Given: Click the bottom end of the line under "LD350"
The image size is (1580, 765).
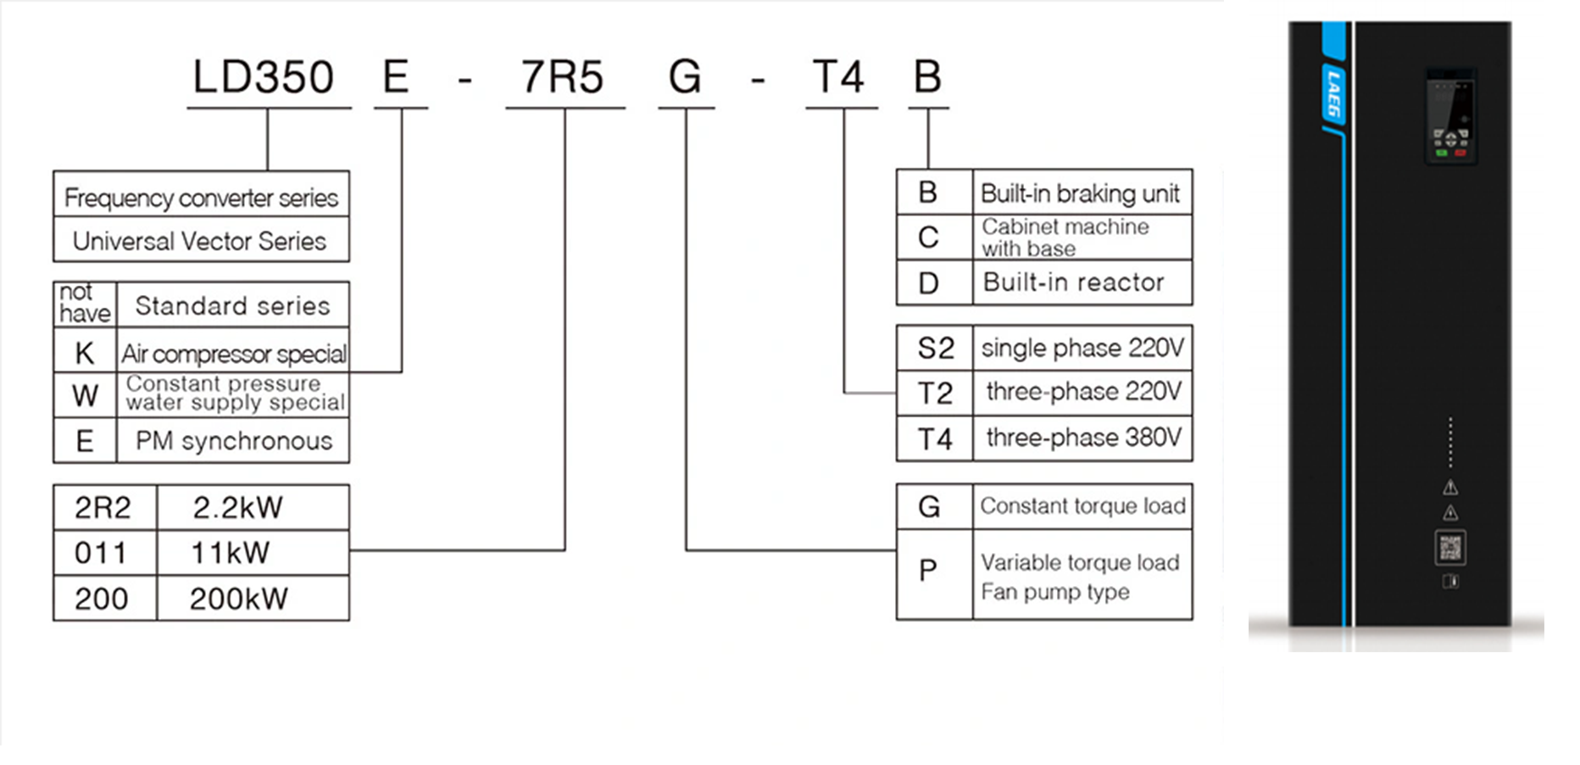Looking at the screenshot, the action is tap(268, 170).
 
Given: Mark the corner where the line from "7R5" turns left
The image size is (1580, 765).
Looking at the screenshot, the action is tap(565, 550).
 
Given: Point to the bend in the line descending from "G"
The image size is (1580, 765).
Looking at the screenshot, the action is tap(687, 550).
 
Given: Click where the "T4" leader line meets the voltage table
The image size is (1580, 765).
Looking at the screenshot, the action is tap(897, 393).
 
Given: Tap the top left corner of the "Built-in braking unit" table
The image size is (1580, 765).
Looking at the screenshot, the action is tap(897, 170).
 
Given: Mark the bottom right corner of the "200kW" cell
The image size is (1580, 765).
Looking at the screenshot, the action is tap(349, 620).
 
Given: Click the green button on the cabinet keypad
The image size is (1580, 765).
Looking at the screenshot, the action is tap(1441, 154).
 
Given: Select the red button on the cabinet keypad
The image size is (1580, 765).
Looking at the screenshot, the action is tap(1460, 154).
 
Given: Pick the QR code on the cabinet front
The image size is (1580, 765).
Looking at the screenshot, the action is tap(1450, 548).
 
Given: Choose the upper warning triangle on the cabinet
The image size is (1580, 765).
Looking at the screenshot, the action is tap(1450, 488).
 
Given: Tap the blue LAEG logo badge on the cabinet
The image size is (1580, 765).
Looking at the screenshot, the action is tap(1334, 95).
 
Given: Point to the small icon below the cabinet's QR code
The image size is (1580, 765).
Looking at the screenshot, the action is tap(1450, 582).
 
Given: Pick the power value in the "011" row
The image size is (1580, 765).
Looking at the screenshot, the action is tap(231, 553).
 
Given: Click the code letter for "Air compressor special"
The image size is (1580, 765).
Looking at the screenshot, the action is tap(85, 353).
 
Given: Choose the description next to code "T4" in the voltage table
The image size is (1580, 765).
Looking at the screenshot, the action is tap(1083, 438).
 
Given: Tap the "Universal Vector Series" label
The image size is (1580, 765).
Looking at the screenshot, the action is tap(199, 242).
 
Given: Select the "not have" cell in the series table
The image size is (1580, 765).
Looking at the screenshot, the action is tap(85, 303).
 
